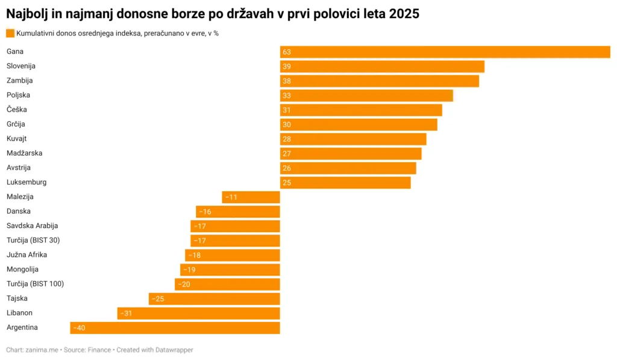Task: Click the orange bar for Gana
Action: [445, 52]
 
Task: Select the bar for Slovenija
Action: [382, 66]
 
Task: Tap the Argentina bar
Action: [175, 328]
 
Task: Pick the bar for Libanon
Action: [199, 314]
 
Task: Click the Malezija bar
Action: [251, 197]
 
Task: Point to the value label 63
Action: [287, 52]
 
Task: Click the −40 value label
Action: [79, 328]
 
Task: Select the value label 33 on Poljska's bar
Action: [287, 95]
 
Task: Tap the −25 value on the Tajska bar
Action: [158, 299]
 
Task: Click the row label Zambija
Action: [19, 80]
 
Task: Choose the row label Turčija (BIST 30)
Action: [33, 240]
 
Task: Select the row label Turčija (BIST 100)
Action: [35, 283]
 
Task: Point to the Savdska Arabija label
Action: [32, 226]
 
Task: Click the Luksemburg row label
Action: [26, 182]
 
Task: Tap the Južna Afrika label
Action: [27, 254]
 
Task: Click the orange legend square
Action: [10, 33]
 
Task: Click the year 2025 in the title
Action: [404, 13]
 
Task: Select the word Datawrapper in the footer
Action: [172, 350]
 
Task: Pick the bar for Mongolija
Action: [230, 270]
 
